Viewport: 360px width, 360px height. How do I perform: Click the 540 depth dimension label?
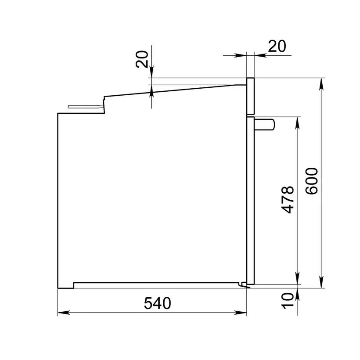coord(158,303)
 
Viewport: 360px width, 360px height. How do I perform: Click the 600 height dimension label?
coord(312,181)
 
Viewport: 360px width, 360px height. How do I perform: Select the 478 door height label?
coord(288,199)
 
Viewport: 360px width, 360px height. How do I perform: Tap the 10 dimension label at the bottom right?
coord(288,301)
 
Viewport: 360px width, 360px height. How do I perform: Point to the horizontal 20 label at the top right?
coord(277,46)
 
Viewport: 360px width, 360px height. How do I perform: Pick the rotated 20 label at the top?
coord(142,59)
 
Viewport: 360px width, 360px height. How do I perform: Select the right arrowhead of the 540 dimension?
coord(241,313)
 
